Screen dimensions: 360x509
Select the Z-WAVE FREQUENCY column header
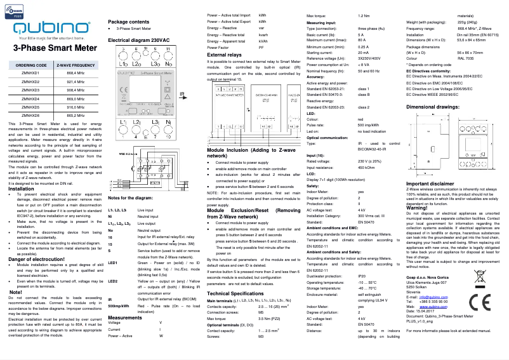(76, 65)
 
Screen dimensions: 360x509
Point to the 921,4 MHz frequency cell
(76, 82)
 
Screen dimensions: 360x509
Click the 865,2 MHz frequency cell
(76, 115)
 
